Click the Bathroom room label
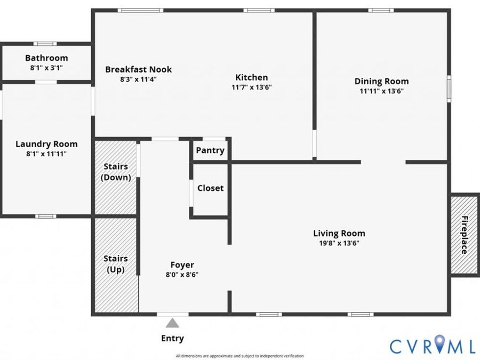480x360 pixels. coord(46,58)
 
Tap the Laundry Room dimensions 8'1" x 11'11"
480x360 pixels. coord(46,154)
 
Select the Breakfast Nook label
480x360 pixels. coord(138,69)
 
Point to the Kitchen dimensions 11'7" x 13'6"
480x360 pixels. coord(252,87)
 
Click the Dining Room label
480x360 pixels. coord(381,81)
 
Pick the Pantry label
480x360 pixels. coord(210,150)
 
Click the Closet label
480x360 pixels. coord(210,188)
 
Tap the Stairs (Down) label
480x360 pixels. coord(116,172)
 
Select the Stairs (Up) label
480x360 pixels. coord(116,264)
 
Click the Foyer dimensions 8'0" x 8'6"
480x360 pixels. coord(182,275)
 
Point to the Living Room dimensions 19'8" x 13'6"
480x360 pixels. coord(339,243)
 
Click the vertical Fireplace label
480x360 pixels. coord(465,235)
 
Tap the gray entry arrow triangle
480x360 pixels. coord(172,323)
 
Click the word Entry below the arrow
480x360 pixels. coord(172,338)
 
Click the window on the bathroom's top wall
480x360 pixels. coord(45,44)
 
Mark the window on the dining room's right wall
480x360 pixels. coord(449,89)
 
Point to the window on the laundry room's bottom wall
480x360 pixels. coord(46,217)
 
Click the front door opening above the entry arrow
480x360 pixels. coord(173,314)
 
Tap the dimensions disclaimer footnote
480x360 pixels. coord(239,356)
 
